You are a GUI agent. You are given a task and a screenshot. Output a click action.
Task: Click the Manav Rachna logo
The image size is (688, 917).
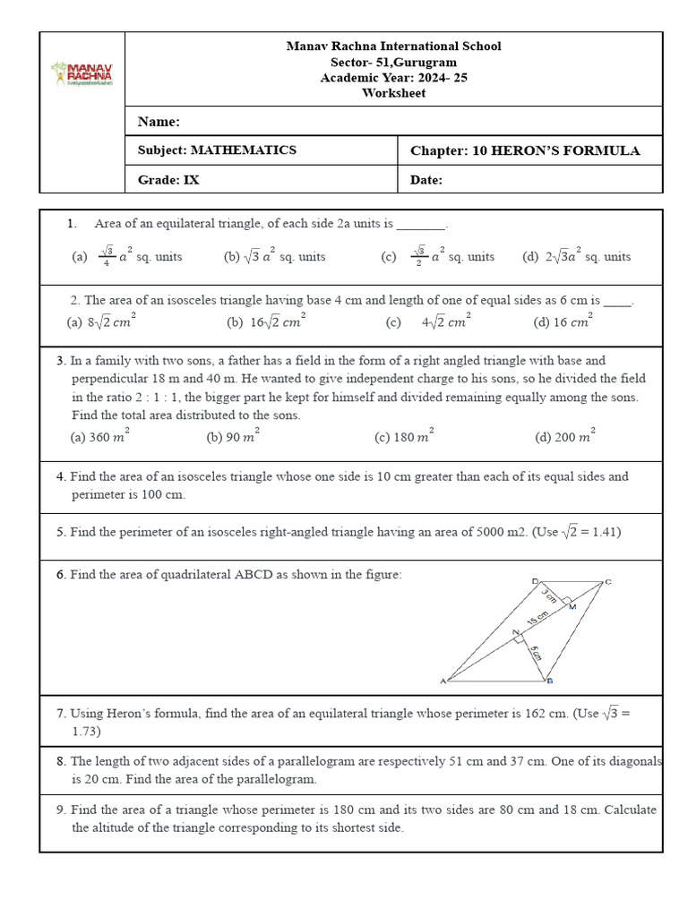pyautogui.click(x=82, y=73)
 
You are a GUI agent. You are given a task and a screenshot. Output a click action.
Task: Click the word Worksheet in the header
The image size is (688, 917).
pyautogui.click(x=393, y=93)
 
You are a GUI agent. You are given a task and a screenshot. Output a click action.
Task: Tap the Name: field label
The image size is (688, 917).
pyautogui.click(x=159, y=122)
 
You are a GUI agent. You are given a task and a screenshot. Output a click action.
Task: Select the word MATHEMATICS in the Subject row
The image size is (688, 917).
pyautogui.click(x=243, y=150)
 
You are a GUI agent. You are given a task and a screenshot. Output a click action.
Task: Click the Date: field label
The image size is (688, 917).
pyautogui.click(x=426, y=180)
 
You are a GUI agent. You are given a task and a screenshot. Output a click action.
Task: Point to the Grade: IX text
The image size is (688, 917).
pyautogui.click(x=168, y=180)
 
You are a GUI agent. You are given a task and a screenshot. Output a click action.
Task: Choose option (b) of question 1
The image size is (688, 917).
pyautogui.click(x=275, y=256)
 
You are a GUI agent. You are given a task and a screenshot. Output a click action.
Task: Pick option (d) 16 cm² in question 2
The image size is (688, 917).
pyautogui.click(x=562, y=322)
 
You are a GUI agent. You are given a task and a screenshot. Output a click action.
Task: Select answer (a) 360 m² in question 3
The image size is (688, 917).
pyautogui.click(x=100, y=437)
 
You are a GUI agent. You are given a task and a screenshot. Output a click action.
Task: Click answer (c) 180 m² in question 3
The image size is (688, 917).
pyautogui.click(x=404, y=437)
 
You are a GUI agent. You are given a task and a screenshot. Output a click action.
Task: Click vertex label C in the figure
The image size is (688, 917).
pyautogui.click(x=608, y=583)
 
